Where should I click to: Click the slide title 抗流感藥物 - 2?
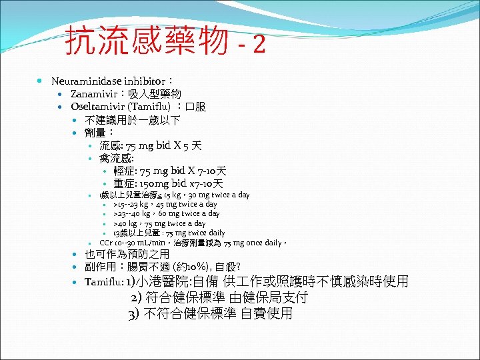pyautogui.click(x=165, y=42)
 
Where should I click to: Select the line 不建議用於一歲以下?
pyautogui.click(x=132, y=120)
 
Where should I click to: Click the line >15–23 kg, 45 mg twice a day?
pyautogui.click(x=165, y=204)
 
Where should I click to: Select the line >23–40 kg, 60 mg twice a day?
pyautogui.click(x=167, y=213)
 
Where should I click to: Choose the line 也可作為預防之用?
pyautogui.click(x=127, y=255)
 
